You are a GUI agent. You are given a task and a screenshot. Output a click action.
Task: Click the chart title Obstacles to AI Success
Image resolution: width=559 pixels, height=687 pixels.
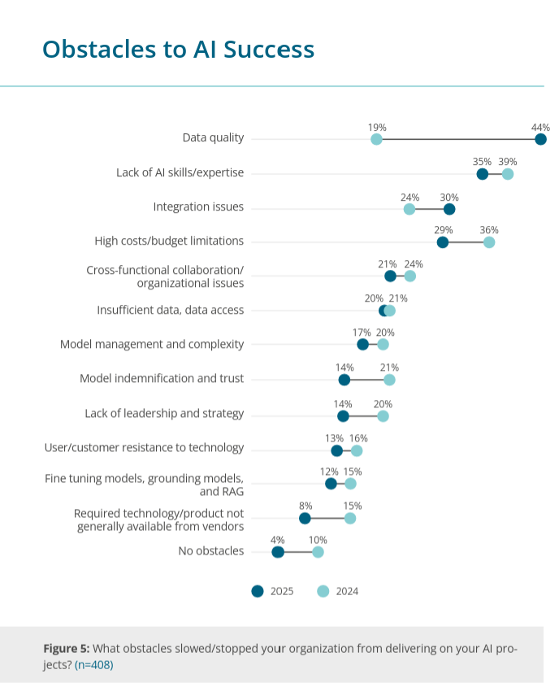click(x=178, y=49)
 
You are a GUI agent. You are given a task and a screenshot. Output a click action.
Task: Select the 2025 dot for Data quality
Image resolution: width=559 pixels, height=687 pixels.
click(x=540, y=140)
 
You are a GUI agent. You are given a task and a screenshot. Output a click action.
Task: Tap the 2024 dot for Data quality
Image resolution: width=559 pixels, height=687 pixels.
click(x=376, y=140)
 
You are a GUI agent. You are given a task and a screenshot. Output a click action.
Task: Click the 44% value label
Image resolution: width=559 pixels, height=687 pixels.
click(x=540, y=128)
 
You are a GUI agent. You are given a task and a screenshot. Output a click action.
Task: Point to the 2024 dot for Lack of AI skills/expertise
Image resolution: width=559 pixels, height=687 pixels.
click(x=508, y=174)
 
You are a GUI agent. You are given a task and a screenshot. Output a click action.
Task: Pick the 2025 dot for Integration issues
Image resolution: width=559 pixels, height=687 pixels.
click(x=449, y=209)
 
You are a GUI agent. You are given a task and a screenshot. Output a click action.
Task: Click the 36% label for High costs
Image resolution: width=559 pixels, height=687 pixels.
click(x=488, y=230)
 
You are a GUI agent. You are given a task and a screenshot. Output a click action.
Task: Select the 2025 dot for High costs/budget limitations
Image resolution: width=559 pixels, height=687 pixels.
click(x=442, y=242)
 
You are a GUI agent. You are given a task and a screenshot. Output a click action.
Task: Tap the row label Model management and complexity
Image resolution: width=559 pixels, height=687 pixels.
click(x=152, y=344)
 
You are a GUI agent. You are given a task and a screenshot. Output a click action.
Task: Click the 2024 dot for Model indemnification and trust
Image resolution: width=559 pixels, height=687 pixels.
click(x=389, y=380)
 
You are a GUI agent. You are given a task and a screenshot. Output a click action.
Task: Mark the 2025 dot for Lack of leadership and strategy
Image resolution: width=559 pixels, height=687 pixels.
click(x=343, y=416)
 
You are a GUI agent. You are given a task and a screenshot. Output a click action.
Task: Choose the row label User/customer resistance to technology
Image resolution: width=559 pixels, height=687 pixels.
click(x=144, y=447)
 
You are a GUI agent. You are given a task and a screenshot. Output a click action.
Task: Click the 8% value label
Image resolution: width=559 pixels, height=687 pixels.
click(x=305, y=506)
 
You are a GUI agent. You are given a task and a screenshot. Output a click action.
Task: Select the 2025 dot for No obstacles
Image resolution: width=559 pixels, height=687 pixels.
click(x=278, y=552)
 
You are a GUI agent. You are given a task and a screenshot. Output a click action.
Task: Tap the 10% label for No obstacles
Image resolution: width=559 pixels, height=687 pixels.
click(x=318, y=540)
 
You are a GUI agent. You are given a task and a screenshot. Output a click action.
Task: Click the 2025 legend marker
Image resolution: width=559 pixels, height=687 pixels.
click(x=258, y=591)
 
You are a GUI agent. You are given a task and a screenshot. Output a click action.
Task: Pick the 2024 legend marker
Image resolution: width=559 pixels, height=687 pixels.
click(x=323, y=591)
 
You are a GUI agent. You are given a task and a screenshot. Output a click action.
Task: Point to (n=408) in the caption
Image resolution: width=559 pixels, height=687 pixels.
click(x=94, y=665)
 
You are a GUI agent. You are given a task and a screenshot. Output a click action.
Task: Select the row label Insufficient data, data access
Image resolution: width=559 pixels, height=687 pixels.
click(x=170, y=310)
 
